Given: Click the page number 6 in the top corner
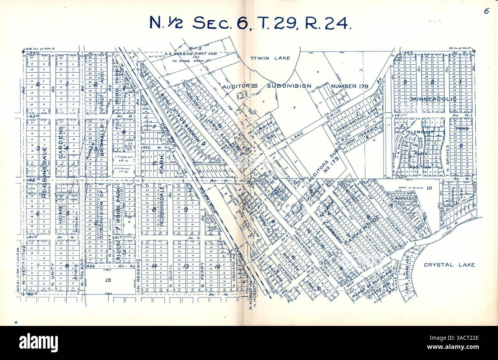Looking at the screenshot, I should (486, 11).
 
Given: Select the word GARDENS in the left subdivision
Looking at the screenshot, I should (61, 134).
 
